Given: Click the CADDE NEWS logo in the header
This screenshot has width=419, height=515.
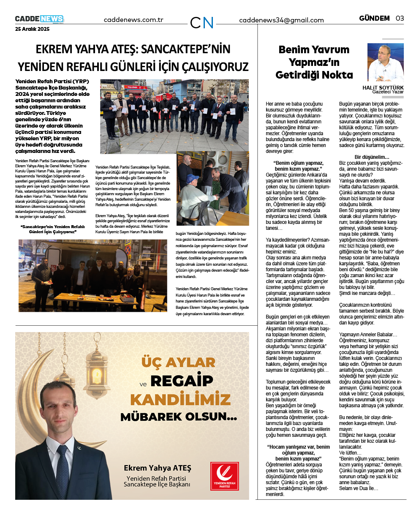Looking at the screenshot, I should pos(39,19).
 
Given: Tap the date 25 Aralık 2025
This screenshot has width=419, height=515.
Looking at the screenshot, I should pos(33,29).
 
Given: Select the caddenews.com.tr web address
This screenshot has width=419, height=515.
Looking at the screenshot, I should pos(133,20).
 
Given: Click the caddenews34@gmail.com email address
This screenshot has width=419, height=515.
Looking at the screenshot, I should pos(281,20).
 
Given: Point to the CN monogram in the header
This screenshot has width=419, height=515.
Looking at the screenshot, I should pos(202,22).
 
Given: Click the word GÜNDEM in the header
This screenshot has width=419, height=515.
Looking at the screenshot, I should pos(374,18).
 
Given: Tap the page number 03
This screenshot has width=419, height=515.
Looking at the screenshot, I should pos(400,18).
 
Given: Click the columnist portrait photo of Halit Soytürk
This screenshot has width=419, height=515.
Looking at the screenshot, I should pos(385,62).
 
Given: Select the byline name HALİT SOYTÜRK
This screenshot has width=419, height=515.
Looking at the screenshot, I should pos(383,88).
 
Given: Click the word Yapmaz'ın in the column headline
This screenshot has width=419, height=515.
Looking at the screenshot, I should pos(314,63).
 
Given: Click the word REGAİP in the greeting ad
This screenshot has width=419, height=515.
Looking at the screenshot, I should pos(182,381).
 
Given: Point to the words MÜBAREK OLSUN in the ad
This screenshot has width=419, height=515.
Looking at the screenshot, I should pos(179,417).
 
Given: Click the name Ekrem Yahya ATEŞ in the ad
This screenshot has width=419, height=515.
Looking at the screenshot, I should pos(157,468).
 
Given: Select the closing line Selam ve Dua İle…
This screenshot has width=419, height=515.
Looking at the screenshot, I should pos(359,488).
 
